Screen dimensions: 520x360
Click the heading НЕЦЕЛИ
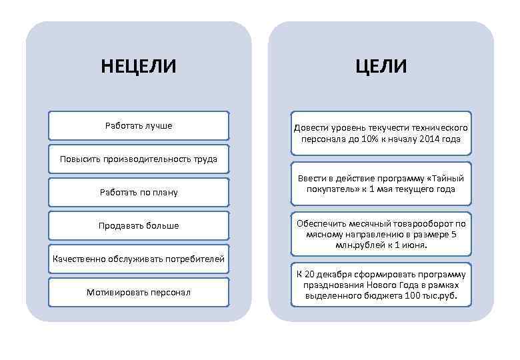click(x=139, y=67)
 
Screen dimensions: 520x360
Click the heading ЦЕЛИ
click(x=381, y=67)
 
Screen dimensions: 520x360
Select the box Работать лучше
click(x=139, y=125)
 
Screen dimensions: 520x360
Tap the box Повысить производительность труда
click(x=139, y=159)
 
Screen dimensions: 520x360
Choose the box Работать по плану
click(x=139, y=193)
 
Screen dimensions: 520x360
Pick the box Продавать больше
click(x=139, y=225)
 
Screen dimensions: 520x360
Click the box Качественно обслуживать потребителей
click(x=139, y=259)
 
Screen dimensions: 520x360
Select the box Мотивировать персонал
click(x=139, y=292)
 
